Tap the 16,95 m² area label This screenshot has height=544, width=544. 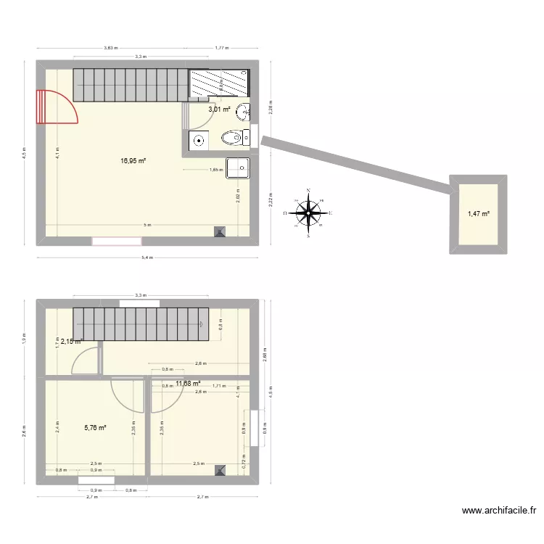coord(133,161)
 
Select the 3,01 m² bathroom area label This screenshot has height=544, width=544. coord(219,110)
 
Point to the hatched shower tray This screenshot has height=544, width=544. coord(218,83)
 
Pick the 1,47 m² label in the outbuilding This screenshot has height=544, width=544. coord(478,213)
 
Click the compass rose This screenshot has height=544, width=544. coord(310,213)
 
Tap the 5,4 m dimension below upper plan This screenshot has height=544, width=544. coord(147,257)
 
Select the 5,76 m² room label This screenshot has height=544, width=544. coord(95,428)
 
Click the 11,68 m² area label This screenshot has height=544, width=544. coord(188,384)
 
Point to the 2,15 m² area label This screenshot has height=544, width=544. coord(71,341)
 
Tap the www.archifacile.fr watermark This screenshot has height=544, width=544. coord(500,511)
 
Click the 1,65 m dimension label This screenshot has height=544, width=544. coord(215,170)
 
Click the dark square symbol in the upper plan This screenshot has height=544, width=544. coord(220,232)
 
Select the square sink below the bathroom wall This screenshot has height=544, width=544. coord(238,168)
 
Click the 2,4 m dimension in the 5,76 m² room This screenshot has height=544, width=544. coord(57,428)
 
